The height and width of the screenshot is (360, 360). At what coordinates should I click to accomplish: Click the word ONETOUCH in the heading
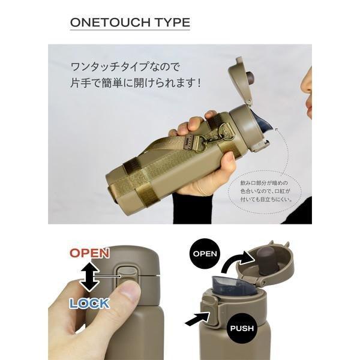pos(110,23)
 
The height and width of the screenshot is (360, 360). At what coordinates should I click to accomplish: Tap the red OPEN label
pos(89,253)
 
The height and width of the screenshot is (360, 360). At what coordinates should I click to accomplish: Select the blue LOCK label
pos(89,304)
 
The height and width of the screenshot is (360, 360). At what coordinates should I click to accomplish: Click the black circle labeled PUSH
pos(242,328)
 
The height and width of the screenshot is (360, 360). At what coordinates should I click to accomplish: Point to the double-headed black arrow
pos(89,277)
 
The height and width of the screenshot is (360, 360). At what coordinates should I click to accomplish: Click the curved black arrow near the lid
pos(238,260)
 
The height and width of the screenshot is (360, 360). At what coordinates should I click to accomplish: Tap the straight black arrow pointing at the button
pos(197,319)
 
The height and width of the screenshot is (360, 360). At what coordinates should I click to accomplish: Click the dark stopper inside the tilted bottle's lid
pos(250,78)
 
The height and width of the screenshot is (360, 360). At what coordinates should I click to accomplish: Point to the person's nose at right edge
pos(307,84)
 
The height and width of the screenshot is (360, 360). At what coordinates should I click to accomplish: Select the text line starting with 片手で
pos(136,83)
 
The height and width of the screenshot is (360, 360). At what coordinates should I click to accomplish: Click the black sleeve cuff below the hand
pos(192,208)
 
